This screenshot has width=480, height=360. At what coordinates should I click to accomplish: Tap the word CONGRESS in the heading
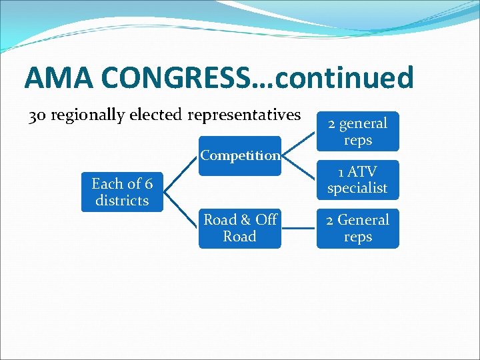pyautogui.click(x=177, y=78)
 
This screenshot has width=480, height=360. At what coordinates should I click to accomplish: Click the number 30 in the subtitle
pyautogui.click(x=37, y=115)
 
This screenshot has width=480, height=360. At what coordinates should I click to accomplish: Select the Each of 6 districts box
pyautogui.click(x=122, y=192)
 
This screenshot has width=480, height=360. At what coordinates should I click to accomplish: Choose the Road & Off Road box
pyautogui.click(x=240, y=228)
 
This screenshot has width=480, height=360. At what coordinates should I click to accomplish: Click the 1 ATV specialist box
pyautogui.click(x=357, y=180)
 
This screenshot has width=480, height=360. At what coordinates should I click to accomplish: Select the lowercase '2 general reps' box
pyautogui.click(x=357, y=131)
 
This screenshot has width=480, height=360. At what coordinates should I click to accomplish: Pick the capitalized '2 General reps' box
pyautogui.click(x=357, y=228)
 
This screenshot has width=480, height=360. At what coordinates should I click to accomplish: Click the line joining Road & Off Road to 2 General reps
pyautogui.click(x=299, y=228)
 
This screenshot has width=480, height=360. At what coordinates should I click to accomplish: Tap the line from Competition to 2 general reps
pyautogui.click(x=299, y=143)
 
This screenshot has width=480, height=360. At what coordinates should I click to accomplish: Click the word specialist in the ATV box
pyautogui.click(x=357, y=188)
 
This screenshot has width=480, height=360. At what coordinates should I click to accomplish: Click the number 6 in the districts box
pyautogui.click(x=149, y=184)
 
